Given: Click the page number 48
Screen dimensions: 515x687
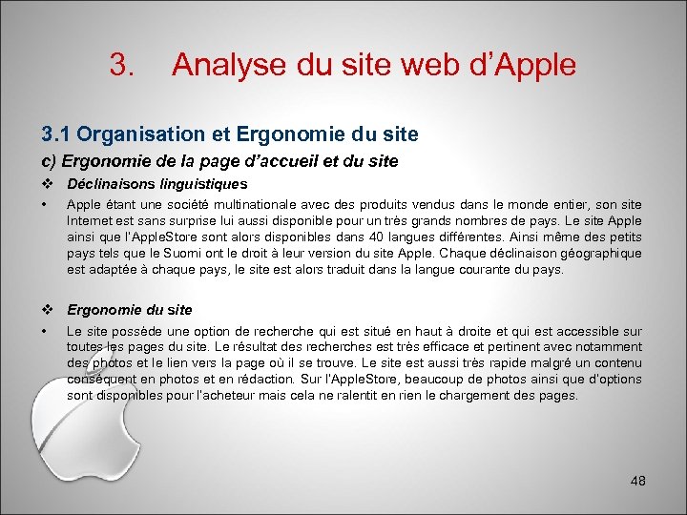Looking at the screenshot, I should pos(638,481).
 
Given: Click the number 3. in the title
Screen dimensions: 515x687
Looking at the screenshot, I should pos(121,65).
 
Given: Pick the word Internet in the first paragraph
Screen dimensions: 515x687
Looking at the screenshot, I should pos(89,221).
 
